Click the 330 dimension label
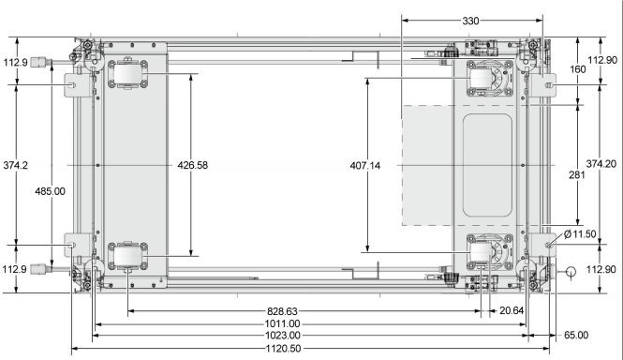pos(470,21)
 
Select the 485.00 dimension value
pos(50,191)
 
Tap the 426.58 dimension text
pos(193,165)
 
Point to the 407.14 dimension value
pos(365,166)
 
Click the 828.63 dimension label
pos(282,311)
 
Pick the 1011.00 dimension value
pos(283,323)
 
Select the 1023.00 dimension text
pos(283,336)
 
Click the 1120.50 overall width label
pos(283,349)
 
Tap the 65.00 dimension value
pos(576,336)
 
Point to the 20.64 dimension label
pos(512,310)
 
